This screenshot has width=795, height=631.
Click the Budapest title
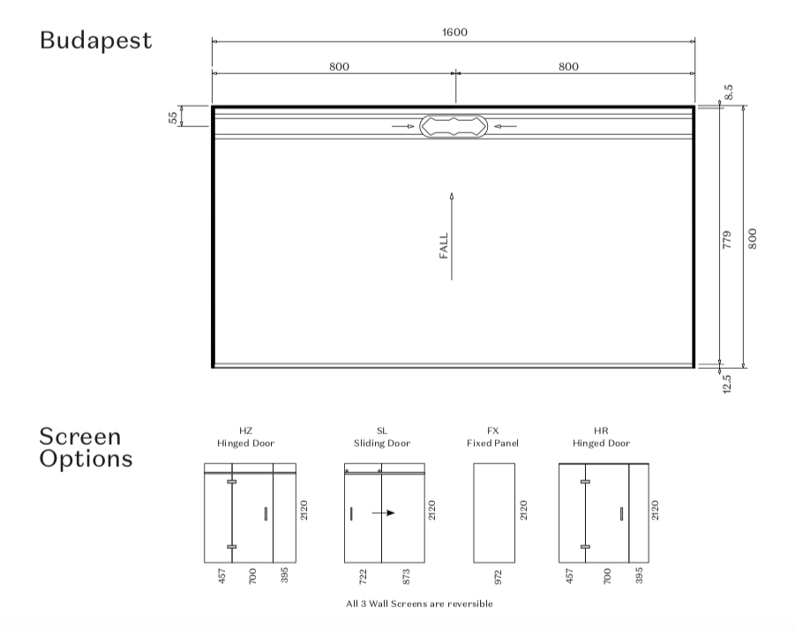pyautogui.click(x=96, y=40)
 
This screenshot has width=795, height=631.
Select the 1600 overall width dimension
pyautogui.click(x=454, y=33)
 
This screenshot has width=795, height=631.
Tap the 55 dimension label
pyautogui.click(x=173, y=117)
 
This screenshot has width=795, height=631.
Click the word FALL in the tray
pyautogui.click(x=444, y=245)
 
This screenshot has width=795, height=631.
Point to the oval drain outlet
pyautogui.click(x=454, y=126)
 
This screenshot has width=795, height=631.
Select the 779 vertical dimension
pyautogui.click(x=727, y=239)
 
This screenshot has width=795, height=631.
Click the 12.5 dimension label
pyautogui.click(x=727, y=384)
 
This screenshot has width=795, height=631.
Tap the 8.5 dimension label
pyautogui.click(x=728, y=92)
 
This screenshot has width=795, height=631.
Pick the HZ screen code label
pyautogui.click(x=245, y=431)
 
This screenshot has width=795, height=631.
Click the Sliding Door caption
pyautogui.click(x=382, y=443)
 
